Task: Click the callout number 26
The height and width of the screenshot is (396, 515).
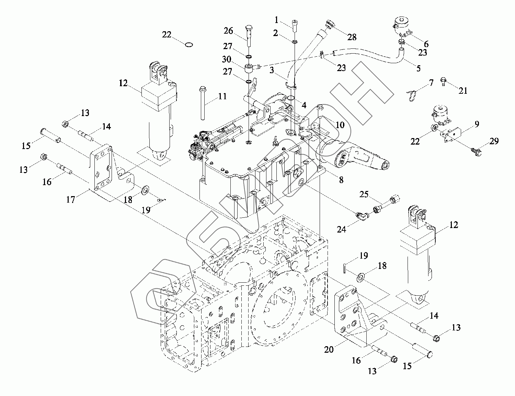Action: click(x=228, y=31)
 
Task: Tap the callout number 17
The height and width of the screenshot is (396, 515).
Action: click(x=70, y=199)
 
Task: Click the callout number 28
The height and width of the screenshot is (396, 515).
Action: click(x=352, y=37)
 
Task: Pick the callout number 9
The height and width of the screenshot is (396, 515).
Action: click(x=477, y=124)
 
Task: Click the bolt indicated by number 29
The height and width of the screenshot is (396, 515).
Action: click(x=475, y=151)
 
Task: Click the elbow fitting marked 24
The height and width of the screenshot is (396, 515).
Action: click(x=362, y=216)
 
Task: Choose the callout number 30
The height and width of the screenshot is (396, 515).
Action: click(x=226, y=59)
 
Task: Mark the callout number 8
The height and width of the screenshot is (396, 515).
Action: click(x=341, y=180)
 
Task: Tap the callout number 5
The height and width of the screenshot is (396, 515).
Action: click(x=418, y=68)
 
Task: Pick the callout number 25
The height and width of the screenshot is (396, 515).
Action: click(x=364, y=195)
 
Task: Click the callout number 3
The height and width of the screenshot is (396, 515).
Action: click(x=271, y=71)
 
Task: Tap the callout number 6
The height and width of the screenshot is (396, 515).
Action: click(x=426, y=44)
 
